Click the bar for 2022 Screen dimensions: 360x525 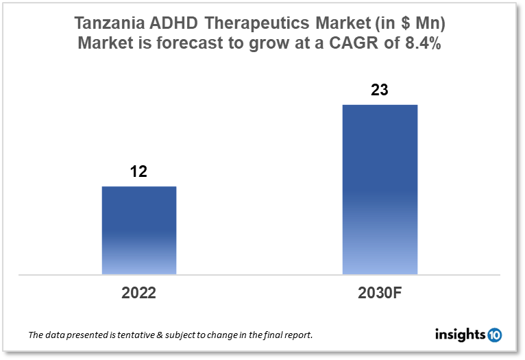pos(139,230)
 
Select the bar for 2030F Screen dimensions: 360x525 pos(380,189)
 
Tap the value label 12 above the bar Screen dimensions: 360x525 pos(139,171)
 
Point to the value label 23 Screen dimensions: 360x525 pos(380,89)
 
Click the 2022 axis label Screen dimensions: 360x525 pos(139,293)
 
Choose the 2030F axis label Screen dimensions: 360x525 pos(380,293)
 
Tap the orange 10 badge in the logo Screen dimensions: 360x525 pos(494,335)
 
